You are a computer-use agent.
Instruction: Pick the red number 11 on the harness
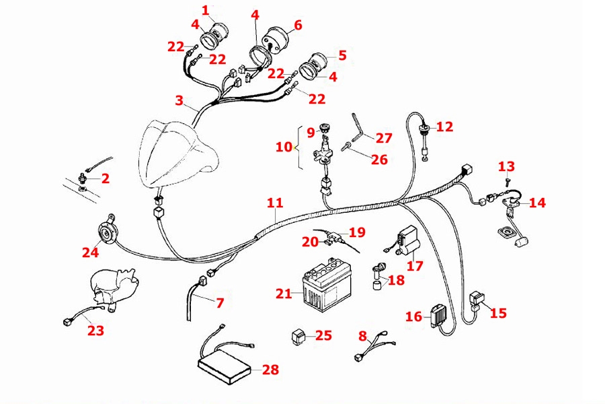274,202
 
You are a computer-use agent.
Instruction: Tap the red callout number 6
298,25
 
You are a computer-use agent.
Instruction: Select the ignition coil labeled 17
406,242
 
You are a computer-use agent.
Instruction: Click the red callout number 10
283,146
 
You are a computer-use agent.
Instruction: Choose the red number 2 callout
105,178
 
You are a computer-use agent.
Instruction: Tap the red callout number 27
383,138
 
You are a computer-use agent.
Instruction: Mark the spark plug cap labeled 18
378,272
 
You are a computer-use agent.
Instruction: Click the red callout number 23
96,330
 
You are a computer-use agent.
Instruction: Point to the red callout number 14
537,202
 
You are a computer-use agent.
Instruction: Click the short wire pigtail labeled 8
370,349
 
